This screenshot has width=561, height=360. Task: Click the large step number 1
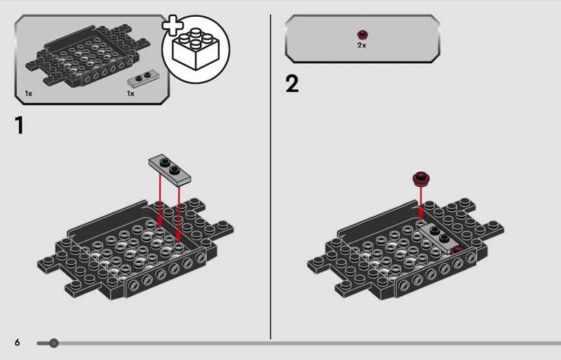[x=20, y=125]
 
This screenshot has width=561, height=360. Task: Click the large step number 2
[x=292, y=84]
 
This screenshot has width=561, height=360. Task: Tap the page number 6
[x=17, y=342]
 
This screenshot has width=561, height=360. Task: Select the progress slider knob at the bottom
[x=54, y=343]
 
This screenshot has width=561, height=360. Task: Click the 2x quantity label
[x=362, y=45]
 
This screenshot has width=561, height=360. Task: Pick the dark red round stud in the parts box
[x=362, y=35]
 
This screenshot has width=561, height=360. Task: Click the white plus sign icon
[x=173, y=25]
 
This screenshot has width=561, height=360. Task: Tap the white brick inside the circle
[x=196, y=48]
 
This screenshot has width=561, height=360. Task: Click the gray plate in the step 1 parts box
[x=144, y=79]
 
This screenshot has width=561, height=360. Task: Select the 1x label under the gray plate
[x=130, y=93]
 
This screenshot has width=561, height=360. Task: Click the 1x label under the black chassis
[x=29, y=93]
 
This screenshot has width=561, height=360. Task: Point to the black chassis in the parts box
[x=88, y=55]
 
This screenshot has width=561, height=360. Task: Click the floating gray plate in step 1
[x=170, y=170]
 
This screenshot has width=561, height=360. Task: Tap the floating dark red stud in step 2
[x=421, y=179]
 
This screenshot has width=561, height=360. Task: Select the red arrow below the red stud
[x=421, y=204]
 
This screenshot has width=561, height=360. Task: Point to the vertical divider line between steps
[x=271, y=177]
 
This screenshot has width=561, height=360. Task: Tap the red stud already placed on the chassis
[x=457, y=250]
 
